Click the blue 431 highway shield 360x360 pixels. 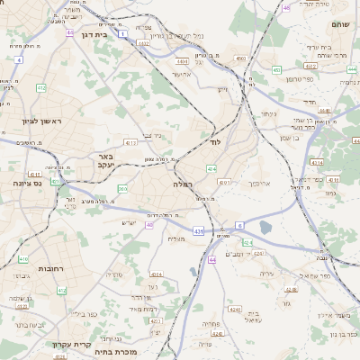[197, 232]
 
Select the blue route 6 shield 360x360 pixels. [240, 224]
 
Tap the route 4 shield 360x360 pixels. [18, 59]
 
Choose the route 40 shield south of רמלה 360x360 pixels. [149, 225]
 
